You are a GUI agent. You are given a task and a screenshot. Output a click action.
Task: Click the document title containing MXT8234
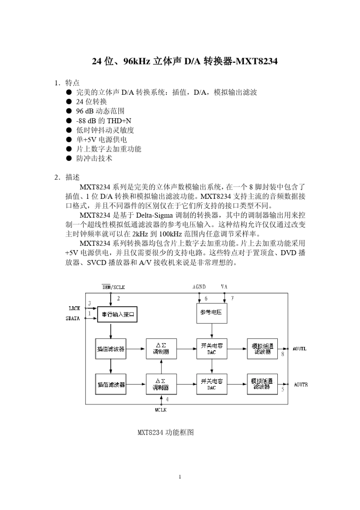click(185, 61)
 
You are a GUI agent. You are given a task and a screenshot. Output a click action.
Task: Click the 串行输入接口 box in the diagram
click(117, 314)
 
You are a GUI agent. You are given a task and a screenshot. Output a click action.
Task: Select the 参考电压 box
click(211, 313)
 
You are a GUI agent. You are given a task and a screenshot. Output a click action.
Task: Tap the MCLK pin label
click(161, 410)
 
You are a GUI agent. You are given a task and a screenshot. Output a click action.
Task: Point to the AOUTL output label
click(299, 349)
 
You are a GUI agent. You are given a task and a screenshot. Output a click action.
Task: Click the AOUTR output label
click(301, 384)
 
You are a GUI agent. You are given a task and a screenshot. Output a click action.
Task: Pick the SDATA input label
click(73, 319)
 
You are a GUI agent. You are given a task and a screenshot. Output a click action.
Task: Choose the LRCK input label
click(74, 308)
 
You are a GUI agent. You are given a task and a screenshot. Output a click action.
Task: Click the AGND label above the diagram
click(199, 287)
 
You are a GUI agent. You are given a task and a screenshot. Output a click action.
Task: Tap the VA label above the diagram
click(224, 287)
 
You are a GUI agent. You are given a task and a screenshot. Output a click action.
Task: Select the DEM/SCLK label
click(113, 287)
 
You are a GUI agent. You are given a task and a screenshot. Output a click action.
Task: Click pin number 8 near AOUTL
click(283, 354)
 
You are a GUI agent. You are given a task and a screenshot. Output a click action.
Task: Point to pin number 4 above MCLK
click(167, 399)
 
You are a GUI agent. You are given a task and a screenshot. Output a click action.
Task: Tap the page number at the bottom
click(180, 477)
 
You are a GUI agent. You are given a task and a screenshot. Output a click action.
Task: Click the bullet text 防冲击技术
click(94, 158)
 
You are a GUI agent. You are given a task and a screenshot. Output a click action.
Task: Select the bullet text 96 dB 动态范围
click(100, 111)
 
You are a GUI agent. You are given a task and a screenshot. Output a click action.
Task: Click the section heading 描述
click(72, 177)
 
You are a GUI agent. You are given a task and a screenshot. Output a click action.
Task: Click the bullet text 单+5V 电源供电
click(102, 139)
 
